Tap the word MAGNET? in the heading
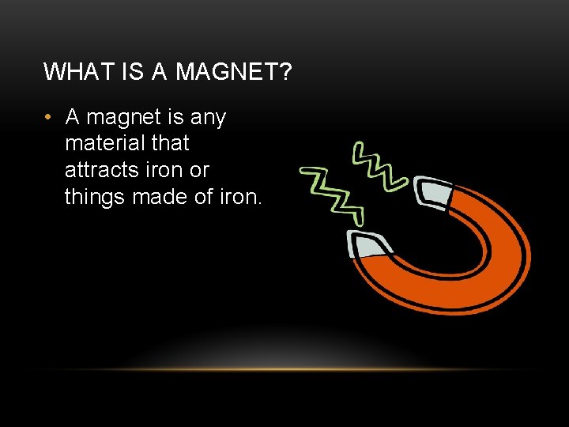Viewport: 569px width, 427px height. click(234, 72)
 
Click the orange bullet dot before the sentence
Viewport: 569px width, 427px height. click(48, 118)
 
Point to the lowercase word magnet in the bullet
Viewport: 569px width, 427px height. click(123, 118)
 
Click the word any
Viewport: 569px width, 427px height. click(207, 118)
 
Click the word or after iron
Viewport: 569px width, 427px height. click(199, 169)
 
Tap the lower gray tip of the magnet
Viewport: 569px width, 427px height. click(368, 245)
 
